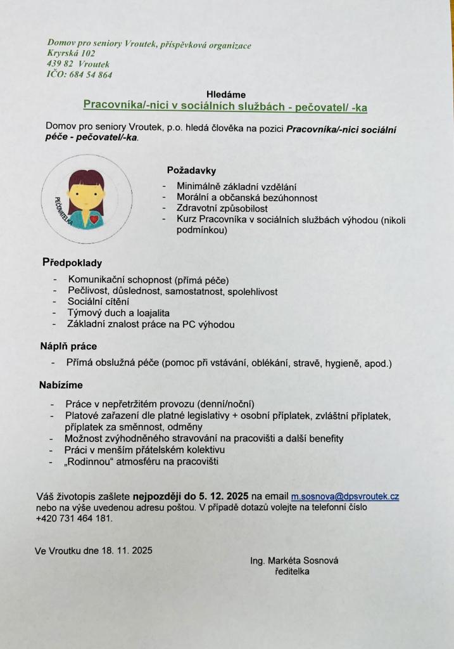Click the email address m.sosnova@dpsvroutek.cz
click(344, 496)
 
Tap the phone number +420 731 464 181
click(73, 518)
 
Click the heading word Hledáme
click(225, 94)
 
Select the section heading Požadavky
click(191, 170)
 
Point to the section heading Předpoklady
click(72, 262)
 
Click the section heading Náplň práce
click(68, 346)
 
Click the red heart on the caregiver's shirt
click(94, 219)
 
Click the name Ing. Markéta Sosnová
click(294, 560)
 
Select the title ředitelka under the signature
click(292, 572)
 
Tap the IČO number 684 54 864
click(88, 75)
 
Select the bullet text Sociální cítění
click(98, 301)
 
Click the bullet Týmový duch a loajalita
click(118, 312)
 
